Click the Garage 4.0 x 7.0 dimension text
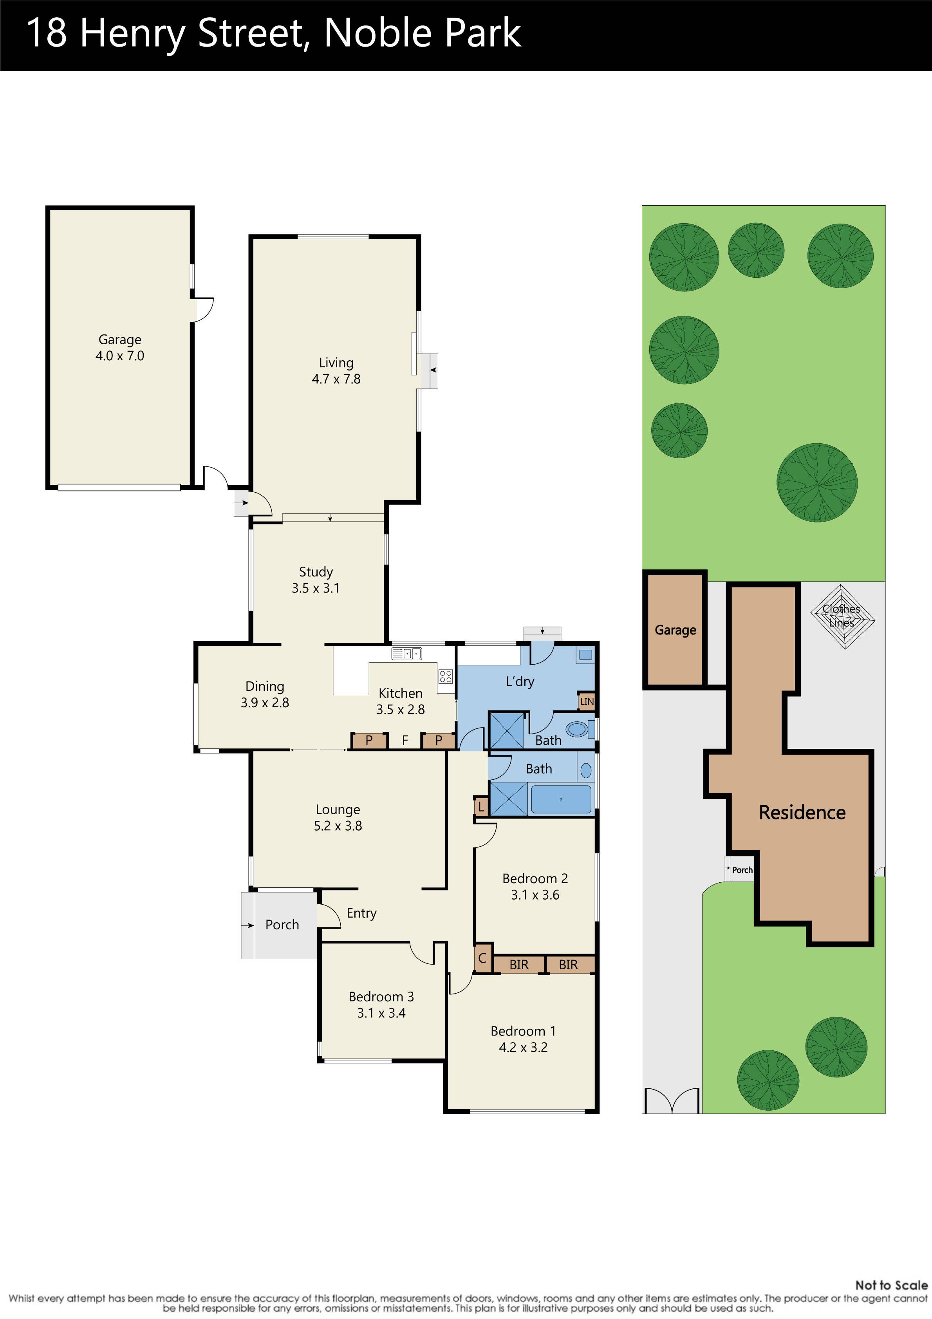coord(119,356)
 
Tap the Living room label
coord(336,363)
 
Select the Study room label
coord(316,572)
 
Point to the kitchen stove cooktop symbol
coord(445,676)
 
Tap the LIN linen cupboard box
coord(586,701)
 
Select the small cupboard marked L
coord(481,807)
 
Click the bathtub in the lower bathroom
coord(561,799)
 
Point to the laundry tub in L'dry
coord(585,654)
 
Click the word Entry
coord(361,913)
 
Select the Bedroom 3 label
coord(381,997)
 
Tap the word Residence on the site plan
coord(802,812)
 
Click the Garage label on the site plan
coord(675,630)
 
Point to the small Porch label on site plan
coord(742,870)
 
